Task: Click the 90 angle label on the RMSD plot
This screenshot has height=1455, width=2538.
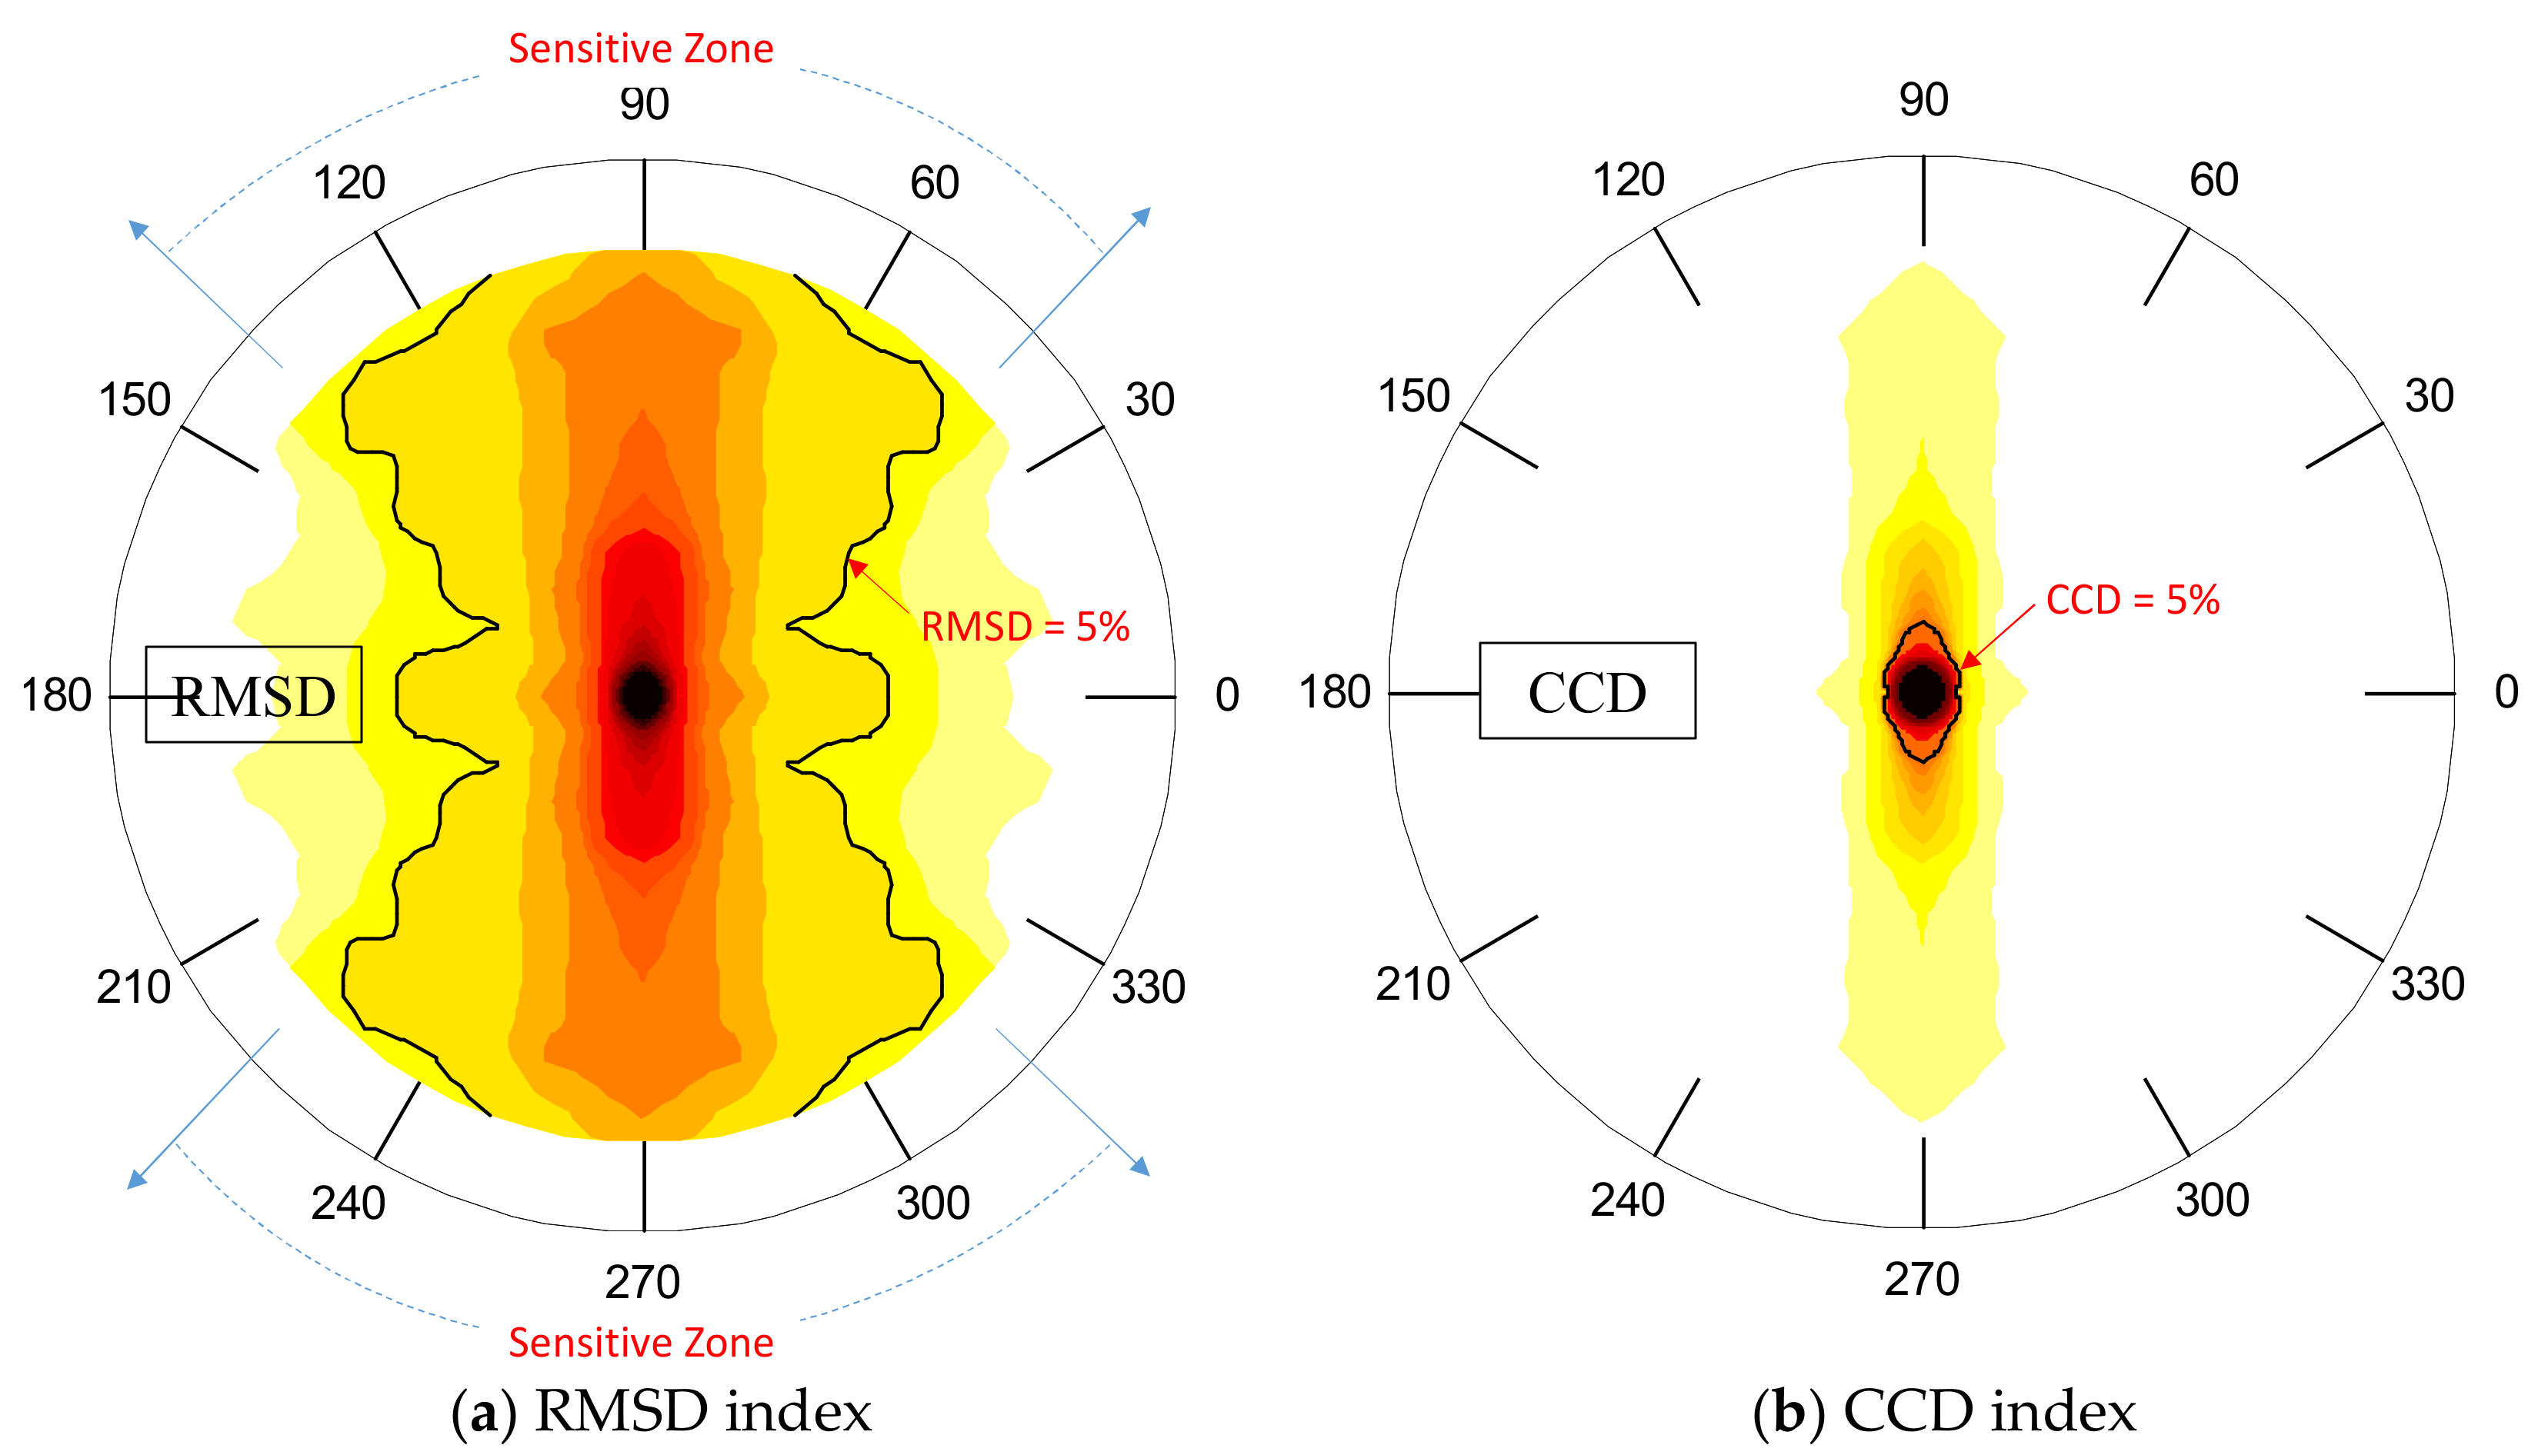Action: (644, 104)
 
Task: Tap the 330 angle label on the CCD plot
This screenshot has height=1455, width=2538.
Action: (2427, 984)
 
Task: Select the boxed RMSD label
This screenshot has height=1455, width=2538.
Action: (253, 695)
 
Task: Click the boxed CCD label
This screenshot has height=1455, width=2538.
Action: (1586, 691)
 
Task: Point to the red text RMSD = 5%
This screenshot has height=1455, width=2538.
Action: (1025, 628)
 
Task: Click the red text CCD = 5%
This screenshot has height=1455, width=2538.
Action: (2132, 601)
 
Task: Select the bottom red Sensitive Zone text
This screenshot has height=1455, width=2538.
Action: (641, 1342)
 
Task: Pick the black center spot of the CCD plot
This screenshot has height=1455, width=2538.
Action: (1921, 691)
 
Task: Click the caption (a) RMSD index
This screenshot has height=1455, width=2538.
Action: (661, 1412)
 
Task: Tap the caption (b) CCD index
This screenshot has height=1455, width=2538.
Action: (1943, 1412)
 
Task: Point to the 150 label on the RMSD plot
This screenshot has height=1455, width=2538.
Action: (135, 400)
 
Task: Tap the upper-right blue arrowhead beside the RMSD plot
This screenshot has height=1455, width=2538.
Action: (1142, 216)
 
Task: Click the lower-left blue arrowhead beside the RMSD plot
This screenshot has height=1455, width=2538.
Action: (137, 1180)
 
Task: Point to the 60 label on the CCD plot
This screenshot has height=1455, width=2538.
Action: (2213, 180)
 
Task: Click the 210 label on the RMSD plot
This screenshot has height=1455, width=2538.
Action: (133, 987)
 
